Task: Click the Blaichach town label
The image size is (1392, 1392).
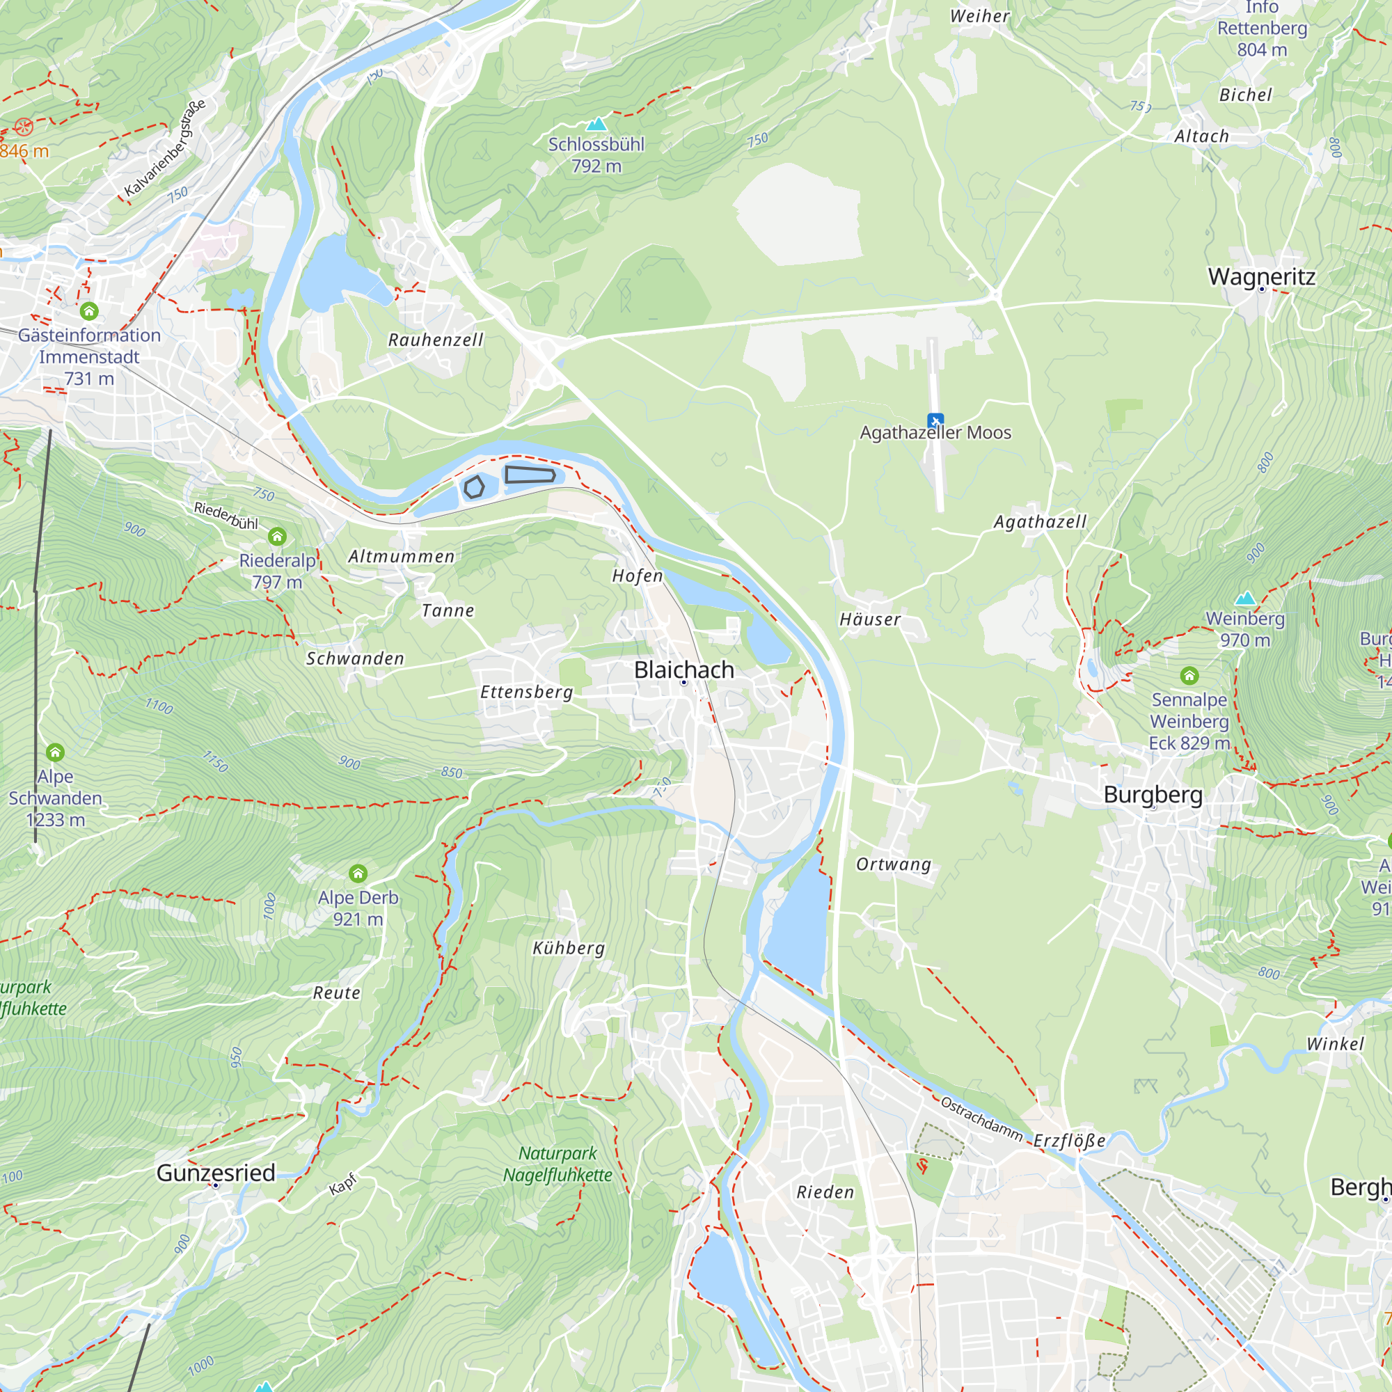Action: tap(683, 670)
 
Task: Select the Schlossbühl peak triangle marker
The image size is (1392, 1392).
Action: tap(596, 125)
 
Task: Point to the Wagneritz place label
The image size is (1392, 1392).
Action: tap(1261, 277)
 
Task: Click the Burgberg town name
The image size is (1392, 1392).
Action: tap(1153, 794)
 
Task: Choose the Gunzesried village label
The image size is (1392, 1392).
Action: tap(216, 1172)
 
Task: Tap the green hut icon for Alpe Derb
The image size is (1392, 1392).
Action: tap(358, 874)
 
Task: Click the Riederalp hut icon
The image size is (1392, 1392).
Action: tap(278, 537)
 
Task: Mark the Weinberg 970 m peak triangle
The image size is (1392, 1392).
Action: tap(1245, 599)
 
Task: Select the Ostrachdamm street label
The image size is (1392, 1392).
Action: tap(981, 1120)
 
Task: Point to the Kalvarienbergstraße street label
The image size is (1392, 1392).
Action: tap(165, 148)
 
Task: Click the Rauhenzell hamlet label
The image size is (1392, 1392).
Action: tap(435, 340)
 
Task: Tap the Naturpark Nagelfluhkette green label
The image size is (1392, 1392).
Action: tap(557, 1164)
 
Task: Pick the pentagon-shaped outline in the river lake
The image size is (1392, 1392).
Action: tap(473, 488)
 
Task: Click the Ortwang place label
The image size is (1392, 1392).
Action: tap(894, 864)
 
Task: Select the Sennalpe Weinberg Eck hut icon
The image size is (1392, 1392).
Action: tap(1189, 676)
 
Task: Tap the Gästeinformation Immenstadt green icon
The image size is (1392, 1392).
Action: tap(89, 311)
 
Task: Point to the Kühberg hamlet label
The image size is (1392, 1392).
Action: tap(569, 947)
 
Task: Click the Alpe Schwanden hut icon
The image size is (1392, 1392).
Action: tap(56, 753)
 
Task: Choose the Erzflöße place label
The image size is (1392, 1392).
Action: tap(1069, 1141)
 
